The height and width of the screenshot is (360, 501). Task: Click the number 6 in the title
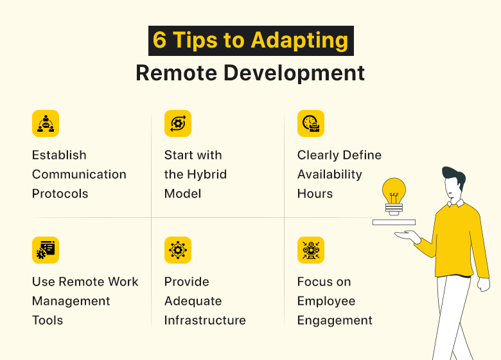[x=160, y=40]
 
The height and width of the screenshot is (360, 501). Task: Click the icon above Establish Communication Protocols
[x=45, y=123]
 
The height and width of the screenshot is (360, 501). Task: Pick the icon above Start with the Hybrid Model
[x=177, y=123]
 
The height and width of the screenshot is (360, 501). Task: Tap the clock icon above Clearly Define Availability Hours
[x=310, y=123]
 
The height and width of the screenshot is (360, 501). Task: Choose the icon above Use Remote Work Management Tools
[x=45, y=250]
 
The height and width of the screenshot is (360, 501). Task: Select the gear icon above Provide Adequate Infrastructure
[x=177, y=250]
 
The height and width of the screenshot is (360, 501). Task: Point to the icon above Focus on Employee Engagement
[x=310, y=250]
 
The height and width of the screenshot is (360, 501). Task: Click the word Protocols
[x=60, y=194]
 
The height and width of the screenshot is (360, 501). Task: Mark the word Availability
[x=330, y=174]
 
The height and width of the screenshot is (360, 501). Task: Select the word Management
[x=71, y=301]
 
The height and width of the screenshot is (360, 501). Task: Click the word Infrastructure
[x=205, y=320]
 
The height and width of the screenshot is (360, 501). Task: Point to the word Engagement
[x=335, y=320]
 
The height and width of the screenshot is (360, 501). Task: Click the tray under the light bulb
[x=394, y=222]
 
